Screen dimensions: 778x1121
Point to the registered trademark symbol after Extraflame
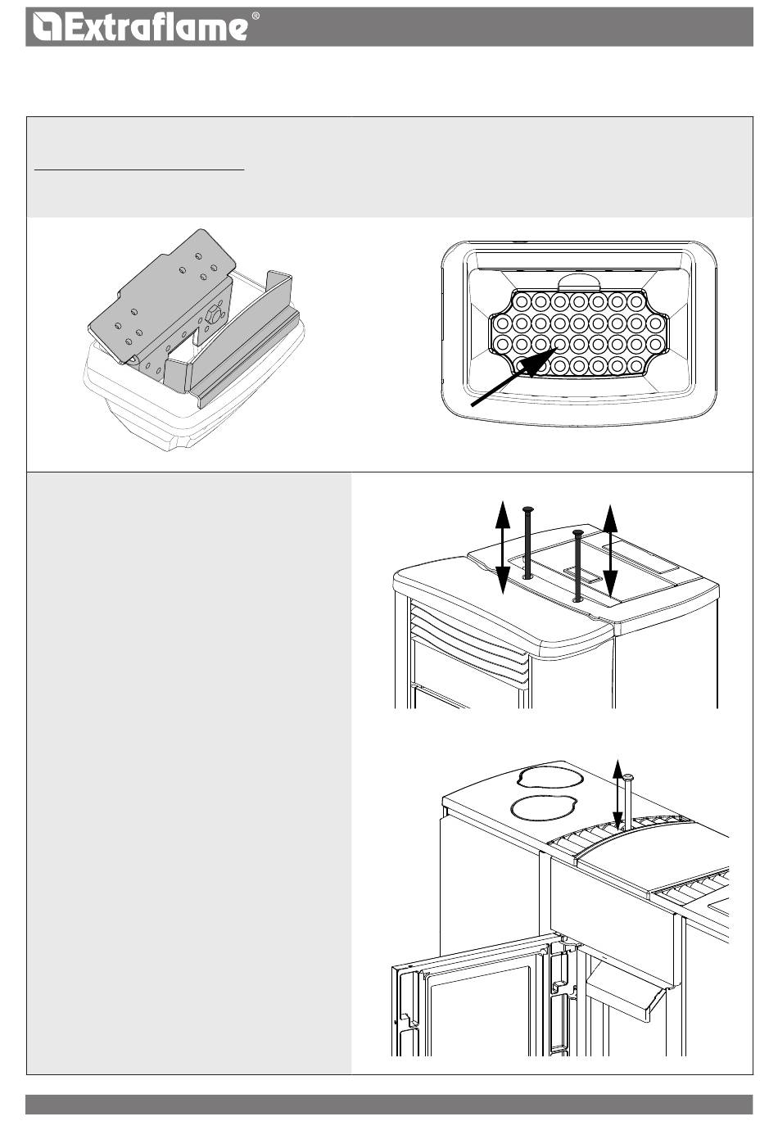(x=256, y=16)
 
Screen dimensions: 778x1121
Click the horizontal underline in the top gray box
(x=139, y=170)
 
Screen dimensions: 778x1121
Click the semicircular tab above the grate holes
(x=579, y=282)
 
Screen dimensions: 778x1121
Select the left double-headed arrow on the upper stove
(x=503, y=546)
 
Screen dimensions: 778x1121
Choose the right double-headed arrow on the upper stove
(x=610, y=550)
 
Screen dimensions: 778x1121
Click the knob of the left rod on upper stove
(x=527, y=509)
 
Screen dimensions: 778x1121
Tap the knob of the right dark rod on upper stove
(x=578, y=532)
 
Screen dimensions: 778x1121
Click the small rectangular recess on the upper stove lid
(x=581, y=576)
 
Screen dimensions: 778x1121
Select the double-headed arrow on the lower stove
(x=617, y=795)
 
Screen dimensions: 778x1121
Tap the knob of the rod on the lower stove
(x=628, y=777)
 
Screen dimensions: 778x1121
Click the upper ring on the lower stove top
(x=550, y=778)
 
